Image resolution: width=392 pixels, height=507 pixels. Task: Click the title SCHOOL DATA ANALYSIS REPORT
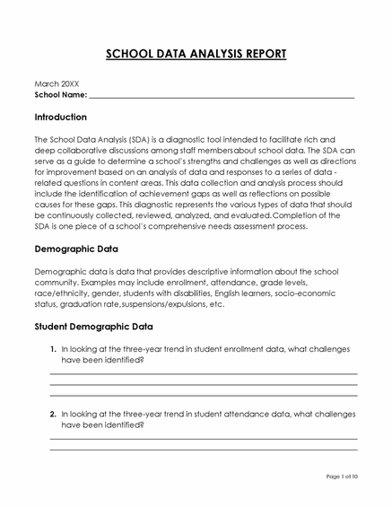[196, 54]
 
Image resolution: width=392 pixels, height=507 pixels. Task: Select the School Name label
[60, 94]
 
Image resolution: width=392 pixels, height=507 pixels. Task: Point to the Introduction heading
[60, 118]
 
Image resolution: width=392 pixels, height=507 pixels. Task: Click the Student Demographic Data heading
[93, 327]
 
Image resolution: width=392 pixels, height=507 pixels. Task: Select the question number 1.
[53, 348]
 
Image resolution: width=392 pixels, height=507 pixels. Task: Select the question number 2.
[53, 414]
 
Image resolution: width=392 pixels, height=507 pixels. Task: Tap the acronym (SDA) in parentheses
[139, 140]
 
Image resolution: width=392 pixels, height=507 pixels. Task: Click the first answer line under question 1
[203, 373]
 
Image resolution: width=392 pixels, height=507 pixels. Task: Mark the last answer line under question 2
[203, 450]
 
